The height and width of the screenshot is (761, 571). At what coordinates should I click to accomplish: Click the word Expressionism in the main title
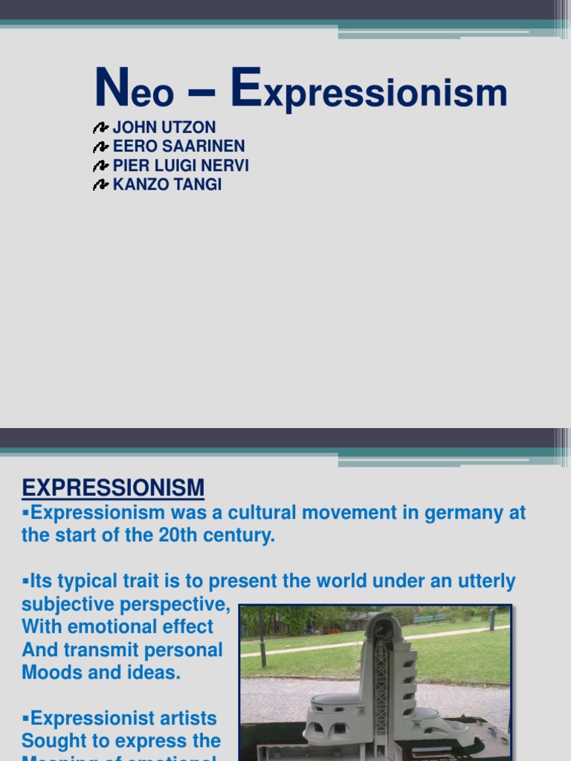pos(370,92)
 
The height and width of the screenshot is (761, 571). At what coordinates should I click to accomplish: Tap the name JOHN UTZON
pos(164,128)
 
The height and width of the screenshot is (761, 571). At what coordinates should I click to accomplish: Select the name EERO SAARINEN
pos(178,146)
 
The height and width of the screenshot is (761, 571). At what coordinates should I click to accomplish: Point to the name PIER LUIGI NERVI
pos(181,166)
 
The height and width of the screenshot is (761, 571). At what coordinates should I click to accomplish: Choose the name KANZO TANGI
pos(167,185)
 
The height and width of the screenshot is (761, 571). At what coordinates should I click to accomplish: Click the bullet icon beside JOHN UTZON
pos(101,129)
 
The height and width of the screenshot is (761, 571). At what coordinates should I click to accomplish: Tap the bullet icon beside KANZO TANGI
pos(101,186)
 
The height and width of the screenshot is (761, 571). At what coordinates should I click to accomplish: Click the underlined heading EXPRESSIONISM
pos(113,488)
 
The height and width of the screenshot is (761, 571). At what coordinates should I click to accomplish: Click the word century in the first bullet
pos(239,536)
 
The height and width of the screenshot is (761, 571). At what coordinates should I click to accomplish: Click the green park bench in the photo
pos(424,619)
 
